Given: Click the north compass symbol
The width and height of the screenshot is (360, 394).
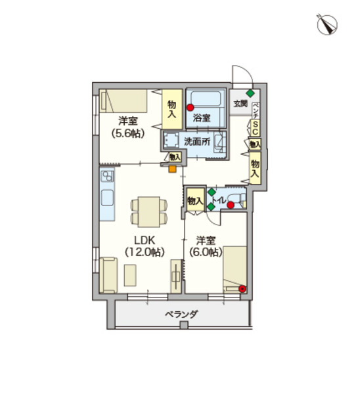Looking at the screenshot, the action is coord(326,24).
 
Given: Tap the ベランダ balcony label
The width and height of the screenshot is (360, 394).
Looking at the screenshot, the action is coord(181,314).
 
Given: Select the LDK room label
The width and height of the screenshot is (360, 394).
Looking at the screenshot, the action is coord(145,240).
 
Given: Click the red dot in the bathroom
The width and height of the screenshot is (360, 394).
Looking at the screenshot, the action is coord(190,108).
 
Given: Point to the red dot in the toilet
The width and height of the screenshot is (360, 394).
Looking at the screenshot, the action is coord(231,205).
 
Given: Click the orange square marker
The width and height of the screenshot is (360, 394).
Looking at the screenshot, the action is coord(172,169).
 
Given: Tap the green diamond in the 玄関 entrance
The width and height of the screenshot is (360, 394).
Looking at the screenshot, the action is coord(250,93).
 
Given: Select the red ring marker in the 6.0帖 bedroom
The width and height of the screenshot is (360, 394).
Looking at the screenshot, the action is coord(242,289).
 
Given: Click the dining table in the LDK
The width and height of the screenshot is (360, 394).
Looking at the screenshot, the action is coord(149,211).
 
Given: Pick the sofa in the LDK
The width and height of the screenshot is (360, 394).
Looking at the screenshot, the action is coord(108,275).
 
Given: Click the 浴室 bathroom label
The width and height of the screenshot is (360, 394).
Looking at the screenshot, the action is coord(202,118).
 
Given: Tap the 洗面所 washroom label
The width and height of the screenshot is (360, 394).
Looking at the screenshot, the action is coord(197,142).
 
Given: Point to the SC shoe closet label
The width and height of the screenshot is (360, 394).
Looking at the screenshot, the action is coord(255,128).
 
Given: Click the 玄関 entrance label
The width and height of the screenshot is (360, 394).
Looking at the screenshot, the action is coord(240,104).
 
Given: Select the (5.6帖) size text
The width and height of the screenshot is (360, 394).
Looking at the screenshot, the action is coord(128,133).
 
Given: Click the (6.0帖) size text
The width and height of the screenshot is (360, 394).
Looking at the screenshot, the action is coord(206,252).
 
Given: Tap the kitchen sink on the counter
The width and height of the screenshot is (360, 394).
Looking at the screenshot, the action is coord(107,198).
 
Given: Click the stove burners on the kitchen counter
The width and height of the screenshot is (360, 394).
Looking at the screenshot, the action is coord(107,175).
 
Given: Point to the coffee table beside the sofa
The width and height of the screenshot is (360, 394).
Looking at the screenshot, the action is coord(130,275).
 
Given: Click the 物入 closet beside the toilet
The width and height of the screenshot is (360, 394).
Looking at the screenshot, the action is coord(195,200).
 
